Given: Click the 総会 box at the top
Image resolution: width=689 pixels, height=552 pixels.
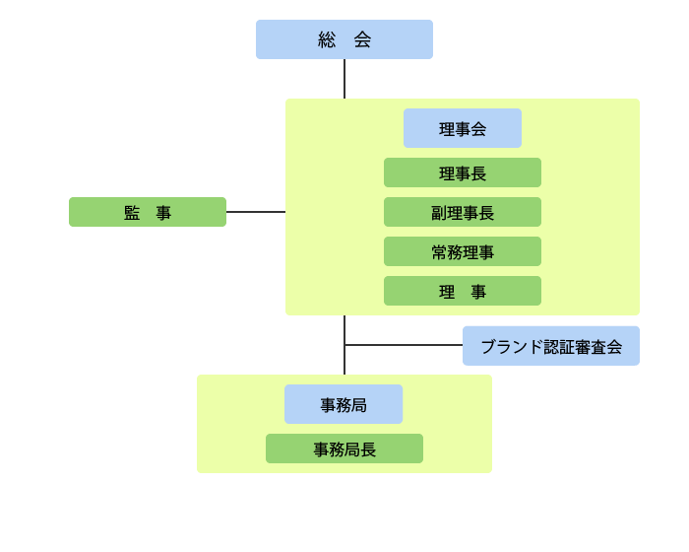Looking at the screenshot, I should [344, 39].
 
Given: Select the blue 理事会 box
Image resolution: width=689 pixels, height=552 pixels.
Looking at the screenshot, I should [463, 128].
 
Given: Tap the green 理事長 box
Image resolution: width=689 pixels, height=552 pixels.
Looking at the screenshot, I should [463, 172].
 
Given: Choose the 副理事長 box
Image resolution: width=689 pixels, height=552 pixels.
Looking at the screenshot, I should [463, 212].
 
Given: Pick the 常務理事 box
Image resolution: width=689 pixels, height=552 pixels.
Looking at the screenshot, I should [463, 251].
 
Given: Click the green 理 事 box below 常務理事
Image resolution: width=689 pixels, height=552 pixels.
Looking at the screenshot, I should [463, 291].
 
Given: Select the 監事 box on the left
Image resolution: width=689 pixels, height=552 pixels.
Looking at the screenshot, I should [148, 212].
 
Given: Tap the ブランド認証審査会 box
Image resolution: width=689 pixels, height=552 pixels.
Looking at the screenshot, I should [551, 346].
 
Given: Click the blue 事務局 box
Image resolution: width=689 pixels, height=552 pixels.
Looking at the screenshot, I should [344, 404].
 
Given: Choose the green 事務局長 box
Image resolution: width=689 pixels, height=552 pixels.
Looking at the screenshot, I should [344, 448].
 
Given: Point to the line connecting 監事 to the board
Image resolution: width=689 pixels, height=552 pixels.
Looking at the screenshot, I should [256, 212].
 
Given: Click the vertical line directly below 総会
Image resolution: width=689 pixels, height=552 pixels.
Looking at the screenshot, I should [344, 79].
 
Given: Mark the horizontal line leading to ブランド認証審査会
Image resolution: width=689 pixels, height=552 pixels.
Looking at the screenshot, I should [404, 345].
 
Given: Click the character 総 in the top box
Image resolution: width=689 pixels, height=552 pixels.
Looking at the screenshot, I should [327, 39].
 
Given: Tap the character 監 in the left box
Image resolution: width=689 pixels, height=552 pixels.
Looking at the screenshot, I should [132, 213].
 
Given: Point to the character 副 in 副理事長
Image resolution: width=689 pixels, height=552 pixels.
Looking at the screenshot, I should [439, 213].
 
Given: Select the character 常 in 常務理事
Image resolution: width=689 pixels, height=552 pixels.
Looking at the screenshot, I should [439, 252].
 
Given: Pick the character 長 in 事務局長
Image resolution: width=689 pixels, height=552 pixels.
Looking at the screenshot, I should [368, 449].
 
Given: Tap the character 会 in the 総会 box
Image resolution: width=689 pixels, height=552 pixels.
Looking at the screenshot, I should [362, 39].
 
